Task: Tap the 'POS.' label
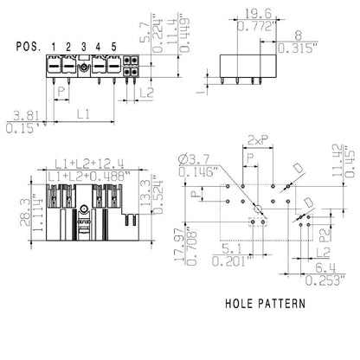pyautogui.click(x=28, y=46)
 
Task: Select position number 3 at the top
pyautogui.click(x=84, y=46)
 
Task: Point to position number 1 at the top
pyautogui.click(x=53, y=46)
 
